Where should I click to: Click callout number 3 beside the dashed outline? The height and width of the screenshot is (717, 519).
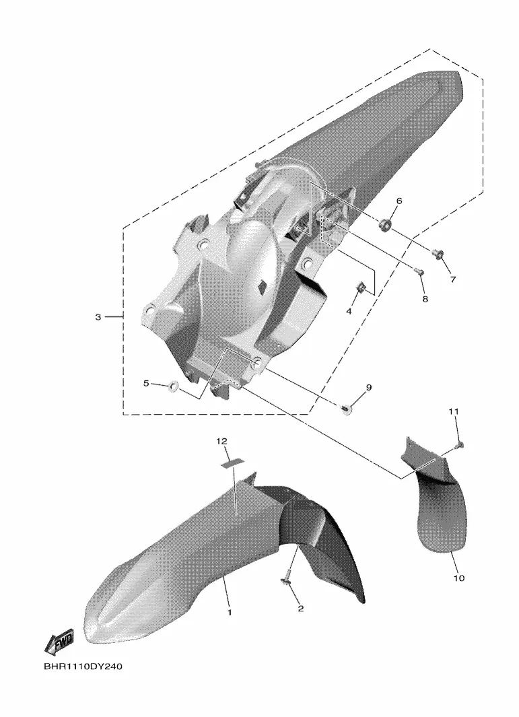click(98, 317)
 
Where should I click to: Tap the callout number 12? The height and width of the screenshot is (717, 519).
click(221, 441)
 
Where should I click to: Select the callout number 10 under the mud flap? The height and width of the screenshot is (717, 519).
click(458, 578)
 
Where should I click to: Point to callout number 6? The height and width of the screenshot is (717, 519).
click(399, 201)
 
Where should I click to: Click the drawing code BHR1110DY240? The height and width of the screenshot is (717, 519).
click(83, 667)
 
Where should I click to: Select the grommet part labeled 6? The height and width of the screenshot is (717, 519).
click(385, 224)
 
